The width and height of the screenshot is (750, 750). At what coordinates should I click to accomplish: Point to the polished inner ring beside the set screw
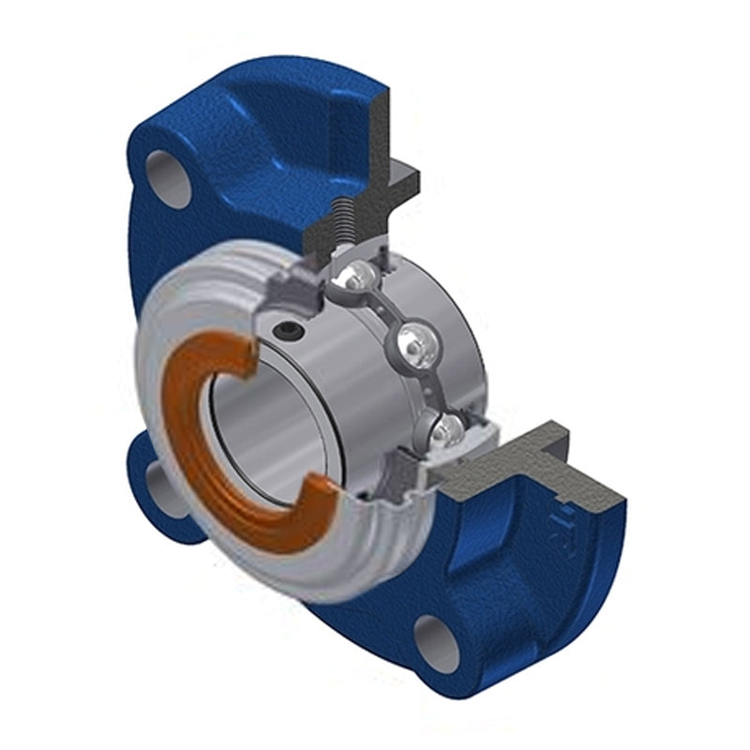click(328, 375)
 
